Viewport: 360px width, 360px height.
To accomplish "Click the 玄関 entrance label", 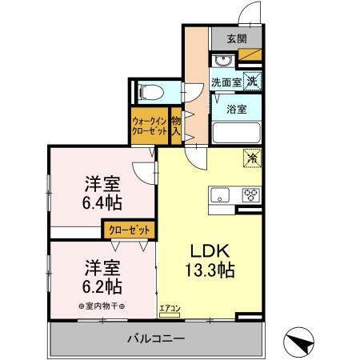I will [236, 38].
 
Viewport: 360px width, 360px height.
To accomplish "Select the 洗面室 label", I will [226, 81].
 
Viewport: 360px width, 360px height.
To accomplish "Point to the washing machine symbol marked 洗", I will [252, 80].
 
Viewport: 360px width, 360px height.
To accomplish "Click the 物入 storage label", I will [176, 126].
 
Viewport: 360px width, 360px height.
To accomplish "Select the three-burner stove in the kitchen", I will [250, 194].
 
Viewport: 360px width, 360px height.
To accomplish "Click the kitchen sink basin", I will [220, 194].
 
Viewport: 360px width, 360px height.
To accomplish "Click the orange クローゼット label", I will [130, 230].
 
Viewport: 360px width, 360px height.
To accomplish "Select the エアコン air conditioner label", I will [169, 307].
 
